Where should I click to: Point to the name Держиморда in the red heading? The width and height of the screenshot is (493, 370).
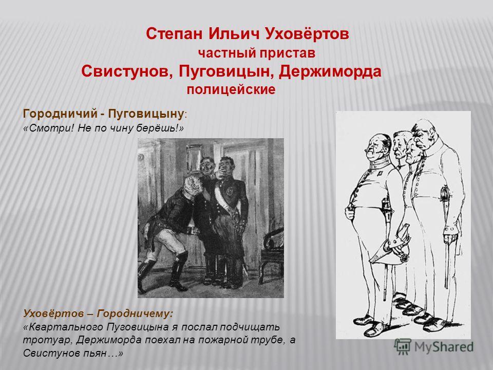coord(330,71)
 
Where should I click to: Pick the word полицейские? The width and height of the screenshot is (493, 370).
coord(231,89)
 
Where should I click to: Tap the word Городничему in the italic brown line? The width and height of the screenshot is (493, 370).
coord(135,313)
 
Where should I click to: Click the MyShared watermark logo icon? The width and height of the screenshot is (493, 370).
coord(403,347)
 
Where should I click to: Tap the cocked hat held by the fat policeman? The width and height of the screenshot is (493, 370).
coord(390,246)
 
